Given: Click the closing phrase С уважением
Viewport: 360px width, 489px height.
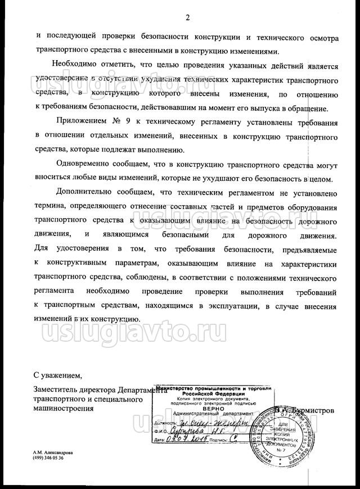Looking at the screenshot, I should point(58,375).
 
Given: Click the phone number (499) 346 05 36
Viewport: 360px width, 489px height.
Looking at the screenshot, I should point(48,459).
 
